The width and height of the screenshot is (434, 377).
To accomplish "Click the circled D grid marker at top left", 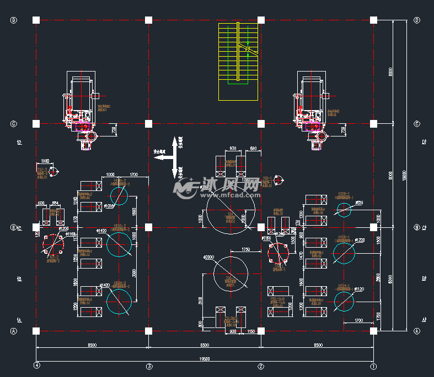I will (14, 20).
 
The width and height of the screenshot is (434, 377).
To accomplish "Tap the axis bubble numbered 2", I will (261, 365).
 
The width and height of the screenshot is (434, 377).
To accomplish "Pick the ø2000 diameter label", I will (208, 257).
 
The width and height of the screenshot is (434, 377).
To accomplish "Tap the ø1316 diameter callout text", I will (109, 206).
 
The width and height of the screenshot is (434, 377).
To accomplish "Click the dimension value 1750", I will (245, 249).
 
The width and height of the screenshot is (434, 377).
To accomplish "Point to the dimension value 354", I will (54, 204).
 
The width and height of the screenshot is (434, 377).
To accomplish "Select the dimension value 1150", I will (251, 331).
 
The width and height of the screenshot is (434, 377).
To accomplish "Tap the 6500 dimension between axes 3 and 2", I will (204, 345).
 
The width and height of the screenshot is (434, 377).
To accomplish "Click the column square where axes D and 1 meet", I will (373, 20).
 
